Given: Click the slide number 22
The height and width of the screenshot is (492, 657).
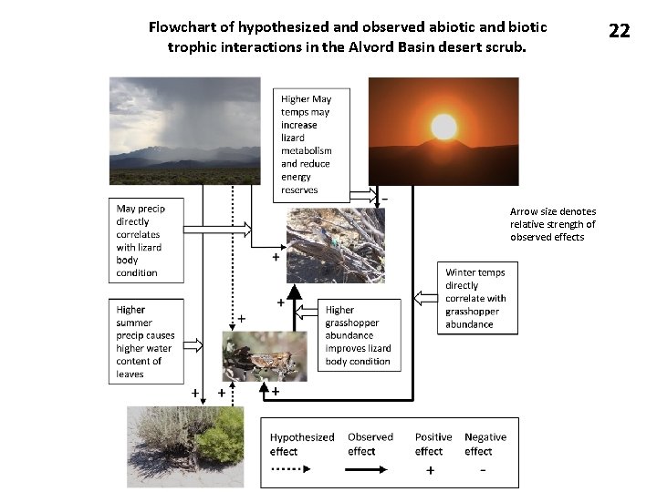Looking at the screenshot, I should point(619,30).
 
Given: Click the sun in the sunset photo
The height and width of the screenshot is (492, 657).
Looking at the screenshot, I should point(443,128).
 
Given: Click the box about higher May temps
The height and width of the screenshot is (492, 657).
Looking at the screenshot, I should point(311,144).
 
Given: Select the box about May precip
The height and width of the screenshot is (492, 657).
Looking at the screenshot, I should point(146,241).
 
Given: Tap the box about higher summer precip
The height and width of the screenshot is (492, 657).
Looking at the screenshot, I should point(146,342).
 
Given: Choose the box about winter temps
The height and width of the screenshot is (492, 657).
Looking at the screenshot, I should point(475,298).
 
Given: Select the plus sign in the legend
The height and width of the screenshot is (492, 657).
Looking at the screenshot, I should point(430,470).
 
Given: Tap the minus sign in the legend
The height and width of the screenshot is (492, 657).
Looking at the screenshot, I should point(482,470).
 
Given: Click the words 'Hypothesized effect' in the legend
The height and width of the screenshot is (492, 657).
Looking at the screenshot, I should point(302,444).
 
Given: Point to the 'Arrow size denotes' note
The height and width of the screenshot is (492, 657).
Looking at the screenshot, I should point(552,224).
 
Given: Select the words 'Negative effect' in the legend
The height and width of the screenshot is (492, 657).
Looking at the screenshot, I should point(485,444).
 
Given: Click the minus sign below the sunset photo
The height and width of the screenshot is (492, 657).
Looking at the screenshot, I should point(385,199).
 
